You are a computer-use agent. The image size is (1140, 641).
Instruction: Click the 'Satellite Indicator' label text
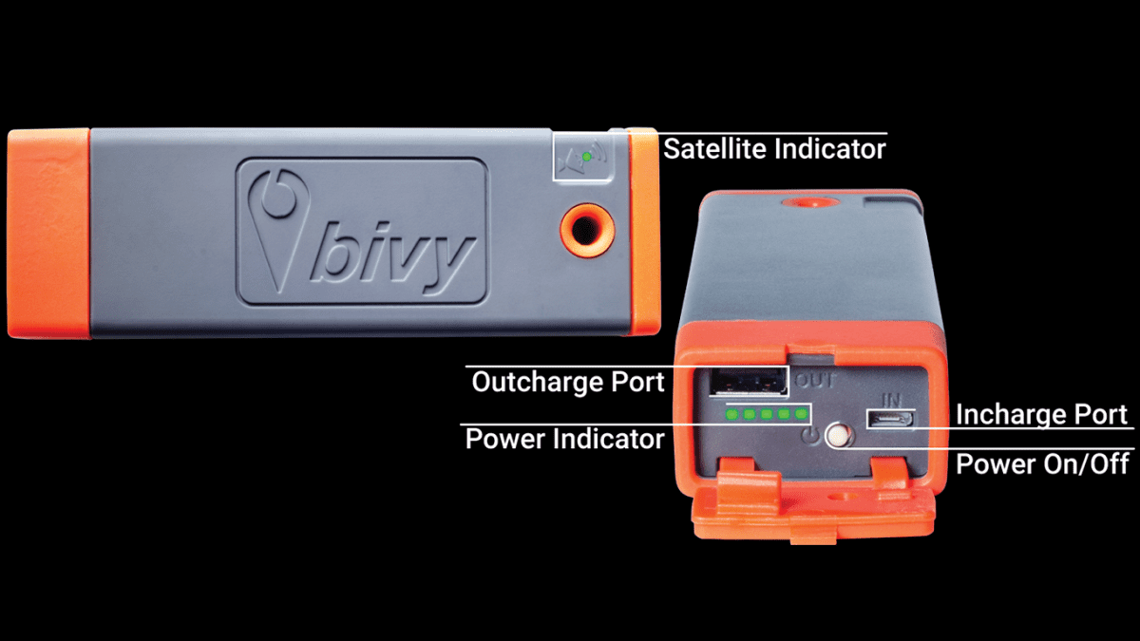(x=774, y=149)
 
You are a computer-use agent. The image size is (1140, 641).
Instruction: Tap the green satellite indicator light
(x=587, y=157)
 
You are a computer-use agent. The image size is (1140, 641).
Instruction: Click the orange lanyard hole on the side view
(x=587, y=230)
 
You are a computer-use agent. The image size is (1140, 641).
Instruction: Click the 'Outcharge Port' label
(x=567, y=382)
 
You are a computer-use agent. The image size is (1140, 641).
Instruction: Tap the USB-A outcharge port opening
(x=748, y=382)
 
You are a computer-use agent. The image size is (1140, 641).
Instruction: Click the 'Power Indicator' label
(x=564, y=439)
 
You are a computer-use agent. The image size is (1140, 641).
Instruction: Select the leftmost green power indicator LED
(x=731, y=414)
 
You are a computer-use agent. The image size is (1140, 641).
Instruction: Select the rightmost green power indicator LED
(x=801, y=414)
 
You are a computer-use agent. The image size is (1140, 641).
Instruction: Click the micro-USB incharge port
(x=889, y=420)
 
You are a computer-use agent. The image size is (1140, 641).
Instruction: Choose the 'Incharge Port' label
(x=1041, y=415)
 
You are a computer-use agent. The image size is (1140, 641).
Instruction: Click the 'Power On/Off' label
(x=1042, y=464)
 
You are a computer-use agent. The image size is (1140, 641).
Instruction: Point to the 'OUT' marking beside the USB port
(x=815, y=380)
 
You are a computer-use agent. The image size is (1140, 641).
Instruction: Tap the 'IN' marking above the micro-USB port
(x=891, y=400)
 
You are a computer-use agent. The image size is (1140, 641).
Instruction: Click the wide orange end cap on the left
(x=48, y=234)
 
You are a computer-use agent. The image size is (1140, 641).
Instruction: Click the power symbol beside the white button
(x=811, y=436)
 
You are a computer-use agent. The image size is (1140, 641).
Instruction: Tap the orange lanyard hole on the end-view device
(x=810, y=202)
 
